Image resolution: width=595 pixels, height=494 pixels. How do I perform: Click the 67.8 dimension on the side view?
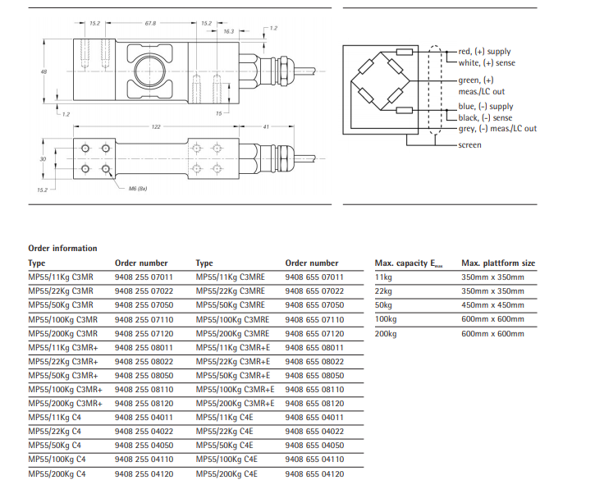[x=150, y=24]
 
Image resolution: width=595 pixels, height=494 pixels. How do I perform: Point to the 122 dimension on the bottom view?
[x=155, y=126]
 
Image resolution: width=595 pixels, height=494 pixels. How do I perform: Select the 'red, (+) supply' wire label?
[x=486, y=52]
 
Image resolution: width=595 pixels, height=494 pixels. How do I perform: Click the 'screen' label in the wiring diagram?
[x=470, y=144]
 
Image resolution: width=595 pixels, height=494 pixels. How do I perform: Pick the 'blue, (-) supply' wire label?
[x=485, y=107]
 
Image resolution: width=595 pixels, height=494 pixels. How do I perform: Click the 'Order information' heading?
[x=62, y=248]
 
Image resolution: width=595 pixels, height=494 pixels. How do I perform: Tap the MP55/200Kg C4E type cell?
[x=227, y=473]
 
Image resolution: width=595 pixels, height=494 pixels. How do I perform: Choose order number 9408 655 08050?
[x=314, y=375]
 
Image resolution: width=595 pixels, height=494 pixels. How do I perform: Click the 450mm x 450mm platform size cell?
[x=492, y=304]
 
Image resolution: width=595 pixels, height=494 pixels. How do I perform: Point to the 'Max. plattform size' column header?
[x=497, y=263]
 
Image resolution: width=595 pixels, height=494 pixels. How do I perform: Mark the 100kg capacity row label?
[x=386, y=319]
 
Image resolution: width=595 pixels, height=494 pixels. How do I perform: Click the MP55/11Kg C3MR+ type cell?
[x=64, y=347]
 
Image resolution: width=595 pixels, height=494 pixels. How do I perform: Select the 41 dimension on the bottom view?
[x=265, y=126]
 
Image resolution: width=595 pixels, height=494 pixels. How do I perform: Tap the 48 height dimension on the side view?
[x=43, y=72]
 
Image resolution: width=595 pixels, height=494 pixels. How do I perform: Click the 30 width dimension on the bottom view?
[x=43, y=158]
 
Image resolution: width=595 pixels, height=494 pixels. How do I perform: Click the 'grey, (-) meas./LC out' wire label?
[x=497, y=129]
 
